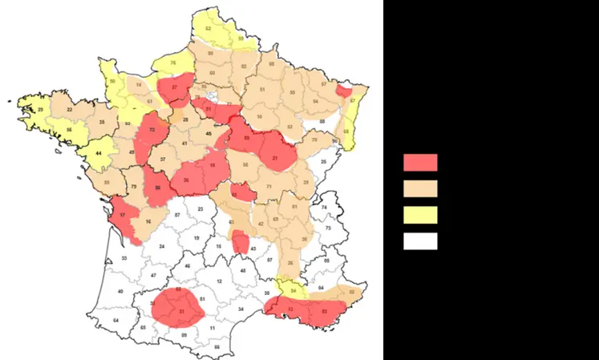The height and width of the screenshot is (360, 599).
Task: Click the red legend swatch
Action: tap(419, 163)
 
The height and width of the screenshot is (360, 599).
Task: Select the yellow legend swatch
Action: tap(419, 215)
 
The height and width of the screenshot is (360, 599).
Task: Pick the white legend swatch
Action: tap(419, 241)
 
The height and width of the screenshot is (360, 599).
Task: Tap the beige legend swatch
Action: tap(419, 188)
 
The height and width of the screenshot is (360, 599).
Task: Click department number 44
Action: tap(99, 152)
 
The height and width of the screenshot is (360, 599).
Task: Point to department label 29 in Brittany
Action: tap(40, 109)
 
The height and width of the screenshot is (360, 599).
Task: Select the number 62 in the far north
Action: tap(208, 28)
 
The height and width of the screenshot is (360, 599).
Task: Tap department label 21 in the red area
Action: tap(275, 159)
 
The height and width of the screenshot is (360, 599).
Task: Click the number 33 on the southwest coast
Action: tap(124, 258)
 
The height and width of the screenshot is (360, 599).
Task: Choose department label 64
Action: tap(115, 321)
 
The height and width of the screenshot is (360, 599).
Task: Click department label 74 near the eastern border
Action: tap(325, 207)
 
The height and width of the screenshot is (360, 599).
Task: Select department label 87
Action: tap(176, 216)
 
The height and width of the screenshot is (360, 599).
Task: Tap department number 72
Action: tap(152, 130)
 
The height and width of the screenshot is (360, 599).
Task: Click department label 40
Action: tap(121, 292)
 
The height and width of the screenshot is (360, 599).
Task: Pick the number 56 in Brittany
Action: tap(70, 130)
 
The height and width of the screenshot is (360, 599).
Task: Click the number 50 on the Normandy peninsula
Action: tap(112, 82)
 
